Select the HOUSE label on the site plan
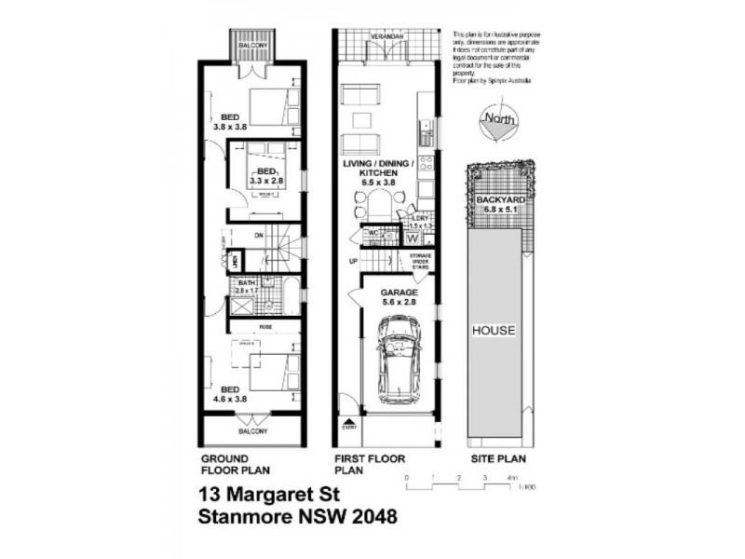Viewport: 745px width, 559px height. [494, 331]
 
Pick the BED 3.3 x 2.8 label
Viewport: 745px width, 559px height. [266, 177]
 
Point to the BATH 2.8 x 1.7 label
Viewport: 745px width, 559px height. [246, 287]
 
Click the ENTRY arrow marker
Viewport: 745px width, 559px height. [349, 424]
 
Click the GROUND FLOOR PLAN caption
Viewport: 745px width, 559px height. [226, 465]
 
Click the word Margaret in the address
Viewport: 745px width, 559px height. [271, 494]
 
